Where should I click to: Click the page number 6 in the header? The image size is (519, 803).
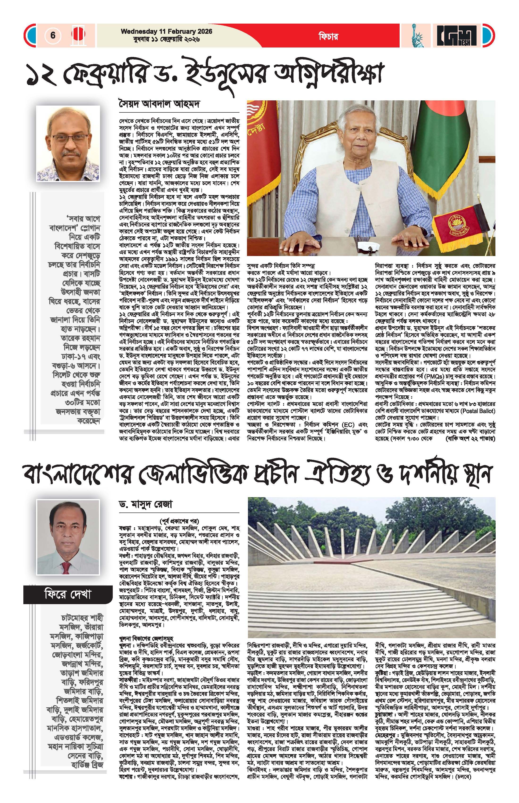53,35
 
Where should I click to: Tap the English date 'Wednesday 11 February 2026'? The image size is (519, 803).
167,31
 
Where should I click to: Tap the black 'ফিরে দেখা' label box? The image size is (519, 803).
68,594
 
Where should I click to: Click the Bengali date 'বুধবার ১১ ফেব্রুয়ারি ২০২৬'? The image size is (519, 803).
167,39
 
